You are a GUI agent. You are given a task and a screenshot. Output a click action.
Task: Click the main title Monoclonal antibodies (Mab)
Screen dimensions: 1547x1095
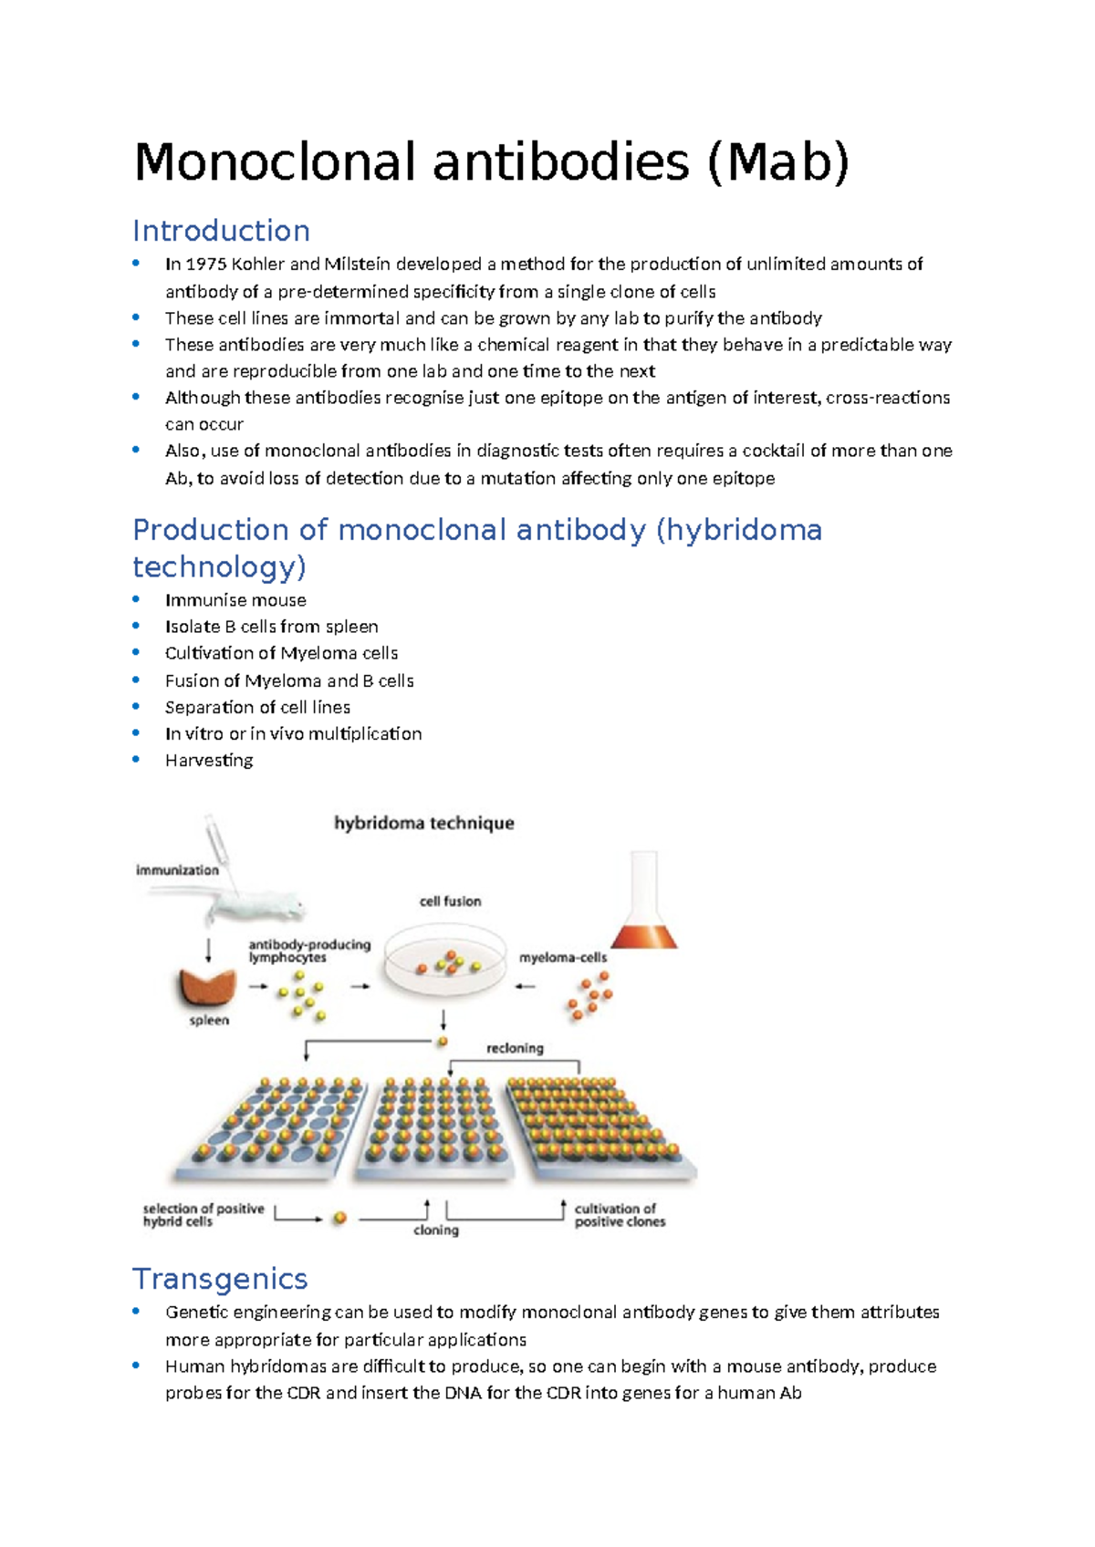tap(491, 162)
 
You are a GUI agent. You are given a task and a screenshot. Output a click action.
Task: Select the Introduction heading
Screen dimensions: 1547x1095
tap(221, 231)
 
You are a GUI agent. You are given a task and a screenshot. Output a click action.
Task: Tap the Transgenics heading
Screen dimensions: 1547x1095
tap(220, 1279)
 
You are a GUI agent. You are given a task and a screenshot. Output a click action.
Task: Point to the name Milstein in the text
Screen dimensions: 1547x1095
tap(357, 265)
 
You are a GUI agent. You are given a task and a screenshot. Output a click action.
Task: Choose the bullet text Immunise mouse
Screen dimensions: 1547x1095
tap(235, 600)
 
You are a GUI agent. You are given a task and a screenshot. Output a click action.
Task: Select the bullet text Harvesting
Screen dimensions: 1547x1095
tap(209, 761)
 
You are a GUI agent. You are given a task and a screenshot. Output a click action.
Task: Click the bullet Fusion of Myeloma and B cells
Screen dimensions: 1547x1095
tap(289, 680)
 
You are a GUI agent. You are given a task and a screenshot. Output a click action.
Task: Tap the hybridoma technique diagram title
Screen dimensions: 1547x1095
tap(424, 824)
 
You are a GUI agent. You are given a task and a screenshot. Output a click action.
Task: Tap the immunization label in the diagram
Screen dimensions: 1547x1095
tap(177, 870)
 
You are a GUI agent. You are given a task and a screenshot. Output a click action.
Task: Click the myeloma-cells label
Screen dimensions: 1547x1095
tap(563, 958)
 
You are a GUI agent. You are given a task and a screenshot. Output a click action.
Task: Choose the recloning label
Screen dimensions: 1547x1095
tap(515, 1049)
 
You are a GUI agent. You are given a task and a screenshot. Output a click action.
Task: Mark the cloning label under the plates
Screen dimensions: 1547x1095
tap(436, 1230)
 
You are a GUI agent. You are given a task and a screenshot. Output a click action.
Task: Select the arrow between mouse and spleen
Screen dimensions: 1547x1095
tap(209, 950)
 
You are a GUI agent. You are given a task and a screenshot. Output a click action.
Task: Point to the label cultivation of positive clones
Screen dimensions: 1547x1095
tap(620, 1215)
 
